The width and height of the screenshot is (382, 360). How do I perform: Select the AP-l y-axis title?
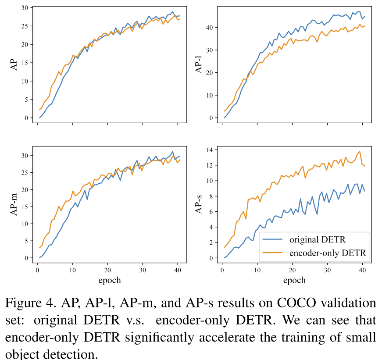[198, 65]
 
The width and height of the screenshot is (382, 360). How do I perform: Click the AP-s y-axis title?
[198, 204]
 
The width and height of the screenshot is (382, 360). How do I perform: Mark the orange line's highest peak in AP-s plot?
[360, 152]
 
